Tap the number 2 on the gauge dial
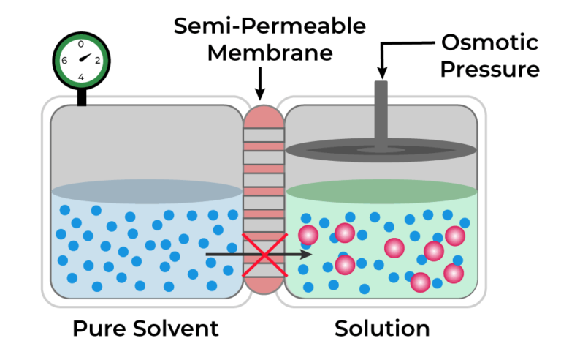98,61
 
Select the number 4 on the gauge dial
81,77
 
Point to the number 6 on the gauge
64,61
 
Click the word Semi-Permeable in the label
270,27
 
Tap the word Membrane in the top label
270,53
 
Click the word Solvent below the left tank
176,329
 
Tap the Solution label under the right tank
382,329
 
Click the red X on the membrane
262,255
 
